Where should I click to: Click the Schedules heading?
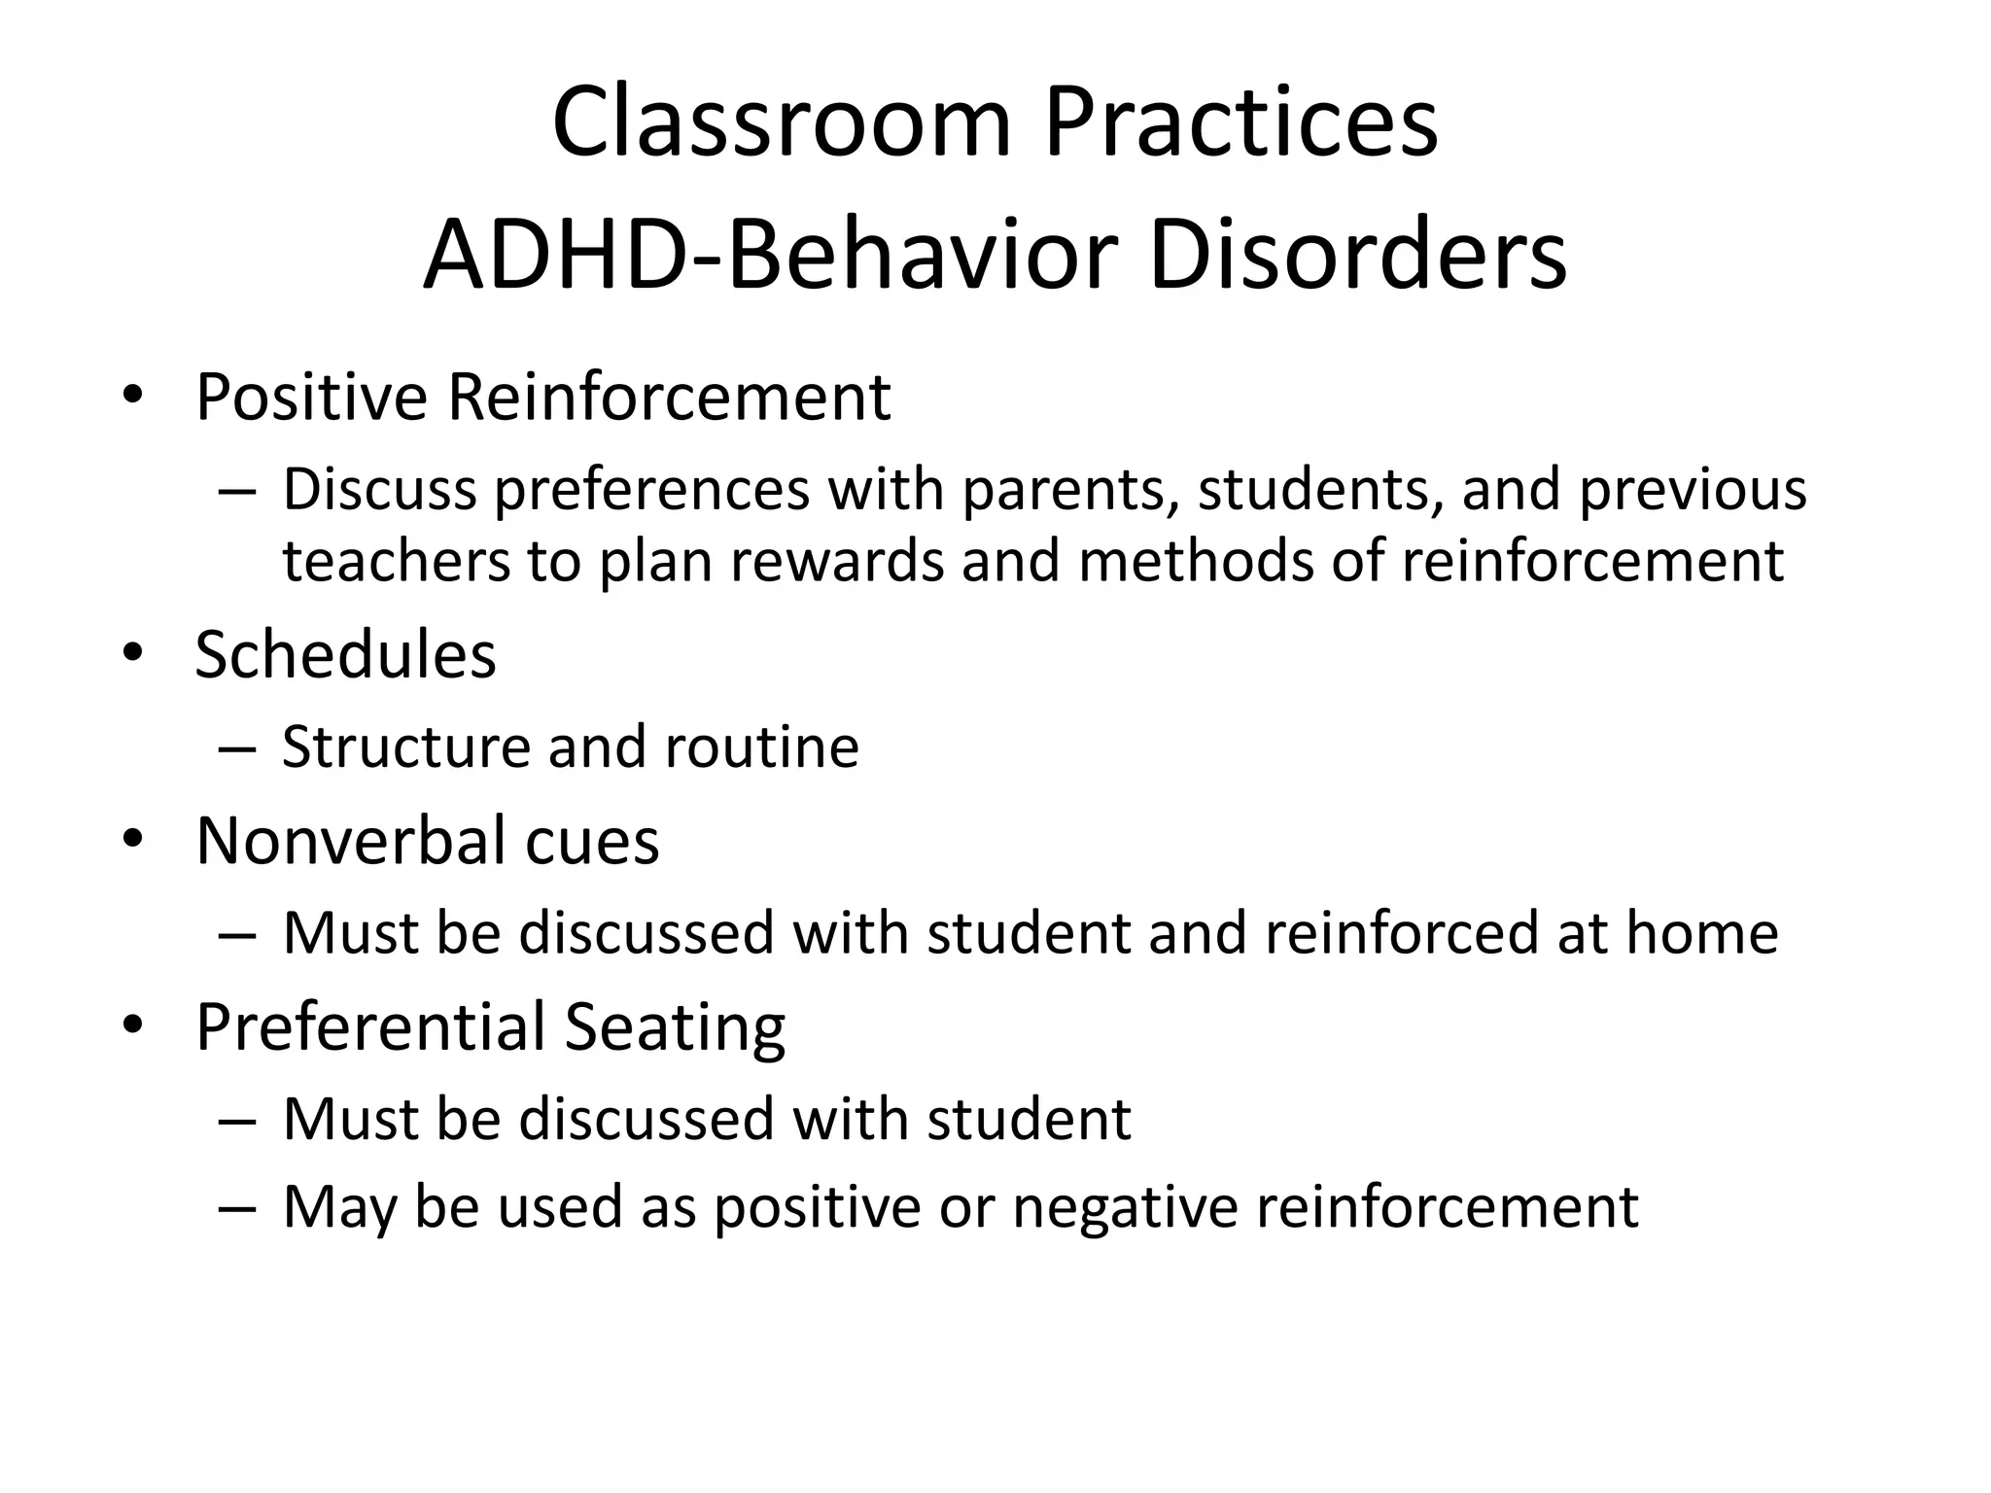[345, 654]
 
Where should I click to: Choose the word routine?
[761, 746]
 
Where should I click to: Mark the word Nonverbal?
[350, 840]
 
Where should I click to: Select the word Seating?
[675, 1026]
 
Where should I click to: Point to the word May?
[339, 1207]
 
